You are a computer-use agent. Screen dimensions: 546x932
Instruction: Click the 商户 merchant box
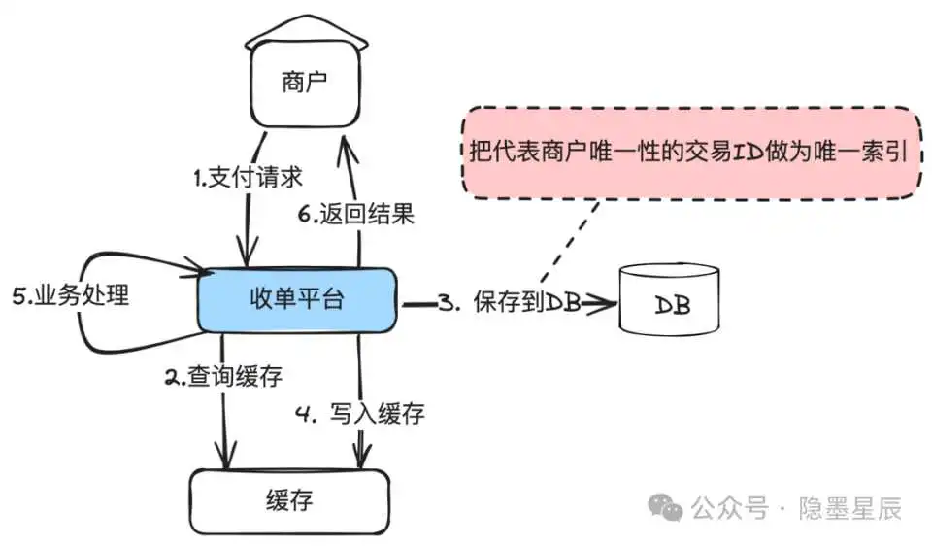tap(305, 85)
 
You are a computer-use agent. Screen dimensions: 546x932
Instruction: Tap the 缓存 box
tap(289, 501)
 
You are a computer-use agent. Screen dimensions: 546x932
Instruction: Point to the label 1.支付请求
tap(247, 178)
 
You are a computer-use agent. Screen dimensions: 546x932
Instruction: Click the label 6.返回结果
tap(356, 215)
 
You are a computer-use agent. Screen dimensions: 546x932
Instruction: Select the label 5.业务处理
tap(71, 296)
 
